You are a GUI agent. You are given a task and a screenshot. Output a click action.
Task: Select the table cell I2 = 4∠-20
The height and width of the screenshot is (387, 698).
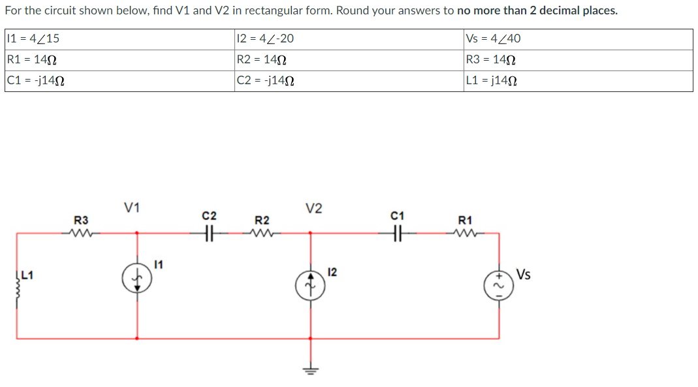[x=349, y=39]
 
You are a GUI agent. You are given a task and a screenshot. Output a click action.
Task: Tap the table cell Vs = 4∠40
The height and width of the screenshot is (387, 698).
[x=578, y=39]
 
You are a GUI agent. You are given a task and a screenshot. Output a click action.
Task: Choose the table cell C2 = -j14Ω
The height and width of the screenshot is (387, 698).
[x=349, y=81]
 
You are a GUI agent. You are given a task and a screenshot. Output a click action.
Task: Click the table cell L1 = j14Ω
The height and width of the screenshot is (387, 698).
[x=578, y=81]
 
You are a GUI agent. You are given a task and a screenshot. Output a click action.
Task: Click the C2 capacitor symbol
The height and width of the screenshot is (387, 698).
[x=210, y=232]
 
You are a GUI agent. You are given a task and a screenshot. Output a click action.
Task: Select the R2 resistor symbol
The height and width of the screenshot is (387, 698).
[x=262, y=232]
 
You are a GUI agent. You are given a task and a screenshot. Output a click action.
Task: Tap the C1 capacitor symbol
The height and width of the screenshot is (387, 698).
[x=397, y=232]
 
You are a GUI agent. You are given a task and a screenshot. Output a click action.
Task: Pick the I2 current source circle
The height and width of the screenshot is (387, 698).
[x=310, y=284]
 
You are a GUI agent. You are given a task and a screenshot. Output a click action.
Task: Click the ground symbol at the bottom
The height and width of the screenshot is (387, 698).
[x=310, y=369]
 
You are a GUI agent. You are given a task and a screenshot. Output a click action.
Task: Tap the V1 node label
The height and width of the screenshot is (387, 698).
[x=132, y=208]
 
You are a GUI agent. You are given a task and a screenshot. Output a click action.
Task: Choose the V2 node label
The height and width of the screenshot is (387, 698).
[x=313, y=208]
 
